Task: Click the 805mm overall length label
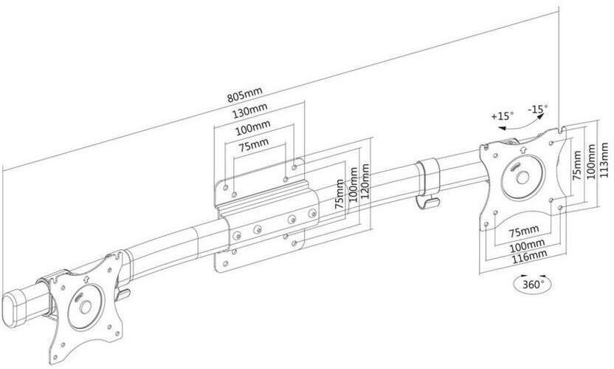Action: point(245,95)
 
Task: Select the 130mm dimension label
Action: point(250,110)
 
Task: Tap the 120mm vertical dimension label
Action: point(365,182)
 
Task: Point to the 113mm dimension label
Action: point(604,160)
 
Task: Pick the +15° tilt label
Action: point(503,116)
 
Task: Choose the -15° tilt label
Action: point(538,109)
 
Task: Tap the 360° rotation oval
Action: point(533,284)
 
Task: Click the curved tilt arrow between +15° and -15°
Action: point(521,122)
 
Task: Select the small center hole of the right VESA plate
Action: point(522,177)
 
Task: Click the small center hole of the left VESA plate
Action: point(86,307)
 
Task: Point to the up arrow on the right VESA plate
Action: point(522,149)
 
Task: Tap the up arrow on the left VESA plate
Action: point(86,279)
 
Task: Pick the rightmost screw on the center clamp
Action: point(312,214)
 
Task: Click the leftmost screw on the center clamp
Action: point(236,236)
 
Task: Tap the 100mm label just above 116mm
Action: point(527,246)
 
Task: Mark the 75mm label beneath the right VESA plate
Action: point(524,231)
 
